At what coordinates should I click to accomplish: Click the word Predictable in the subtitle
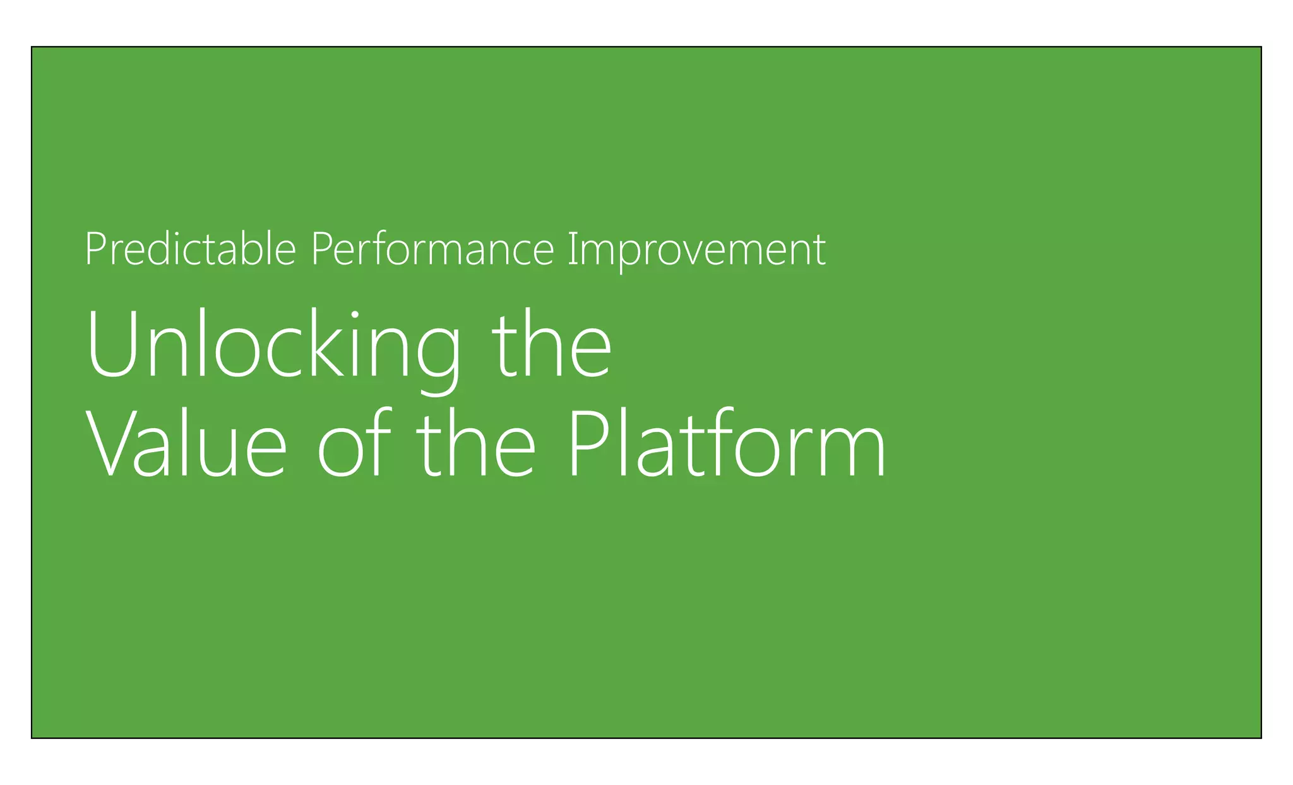pos(190,249)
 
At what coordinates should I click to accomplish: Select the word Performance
pos(432,249)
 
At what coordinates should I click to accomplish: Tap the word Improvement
pos(696,249)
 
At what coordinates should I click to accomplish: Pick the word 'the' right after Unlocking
pos(551,346)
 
